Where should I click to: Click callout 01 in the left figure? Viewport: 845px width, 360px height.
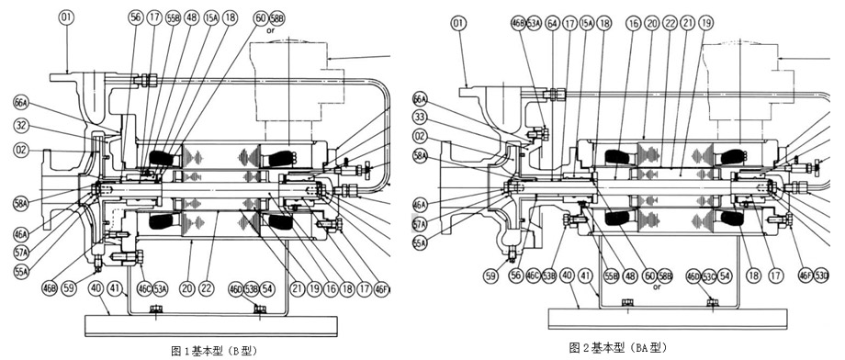click(66, 17)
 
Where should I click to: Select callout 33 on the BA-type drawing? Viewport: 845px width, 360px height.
click(421, 117)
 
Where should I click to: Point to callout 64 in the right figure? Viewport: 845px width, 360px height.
click(552, 24)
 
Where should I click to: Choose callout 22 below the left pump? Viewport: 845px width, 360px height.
click(208, 287)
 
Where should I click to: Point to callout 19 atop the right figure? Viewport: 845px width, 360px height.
click(705, 23)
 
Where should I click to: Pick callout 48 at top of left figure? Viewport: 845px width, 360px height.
click(191, 17)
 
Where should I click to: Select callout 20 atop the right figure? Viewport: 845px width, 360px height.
click(651, 23)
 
